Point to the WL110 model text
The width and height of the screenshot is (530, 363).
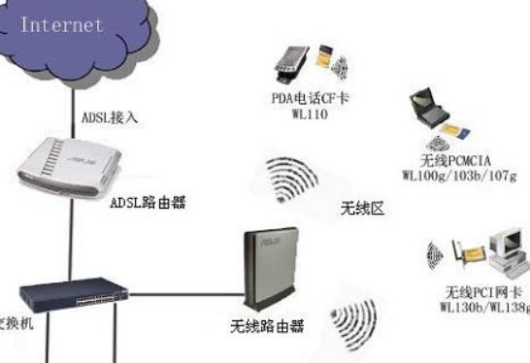point(312,114)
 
